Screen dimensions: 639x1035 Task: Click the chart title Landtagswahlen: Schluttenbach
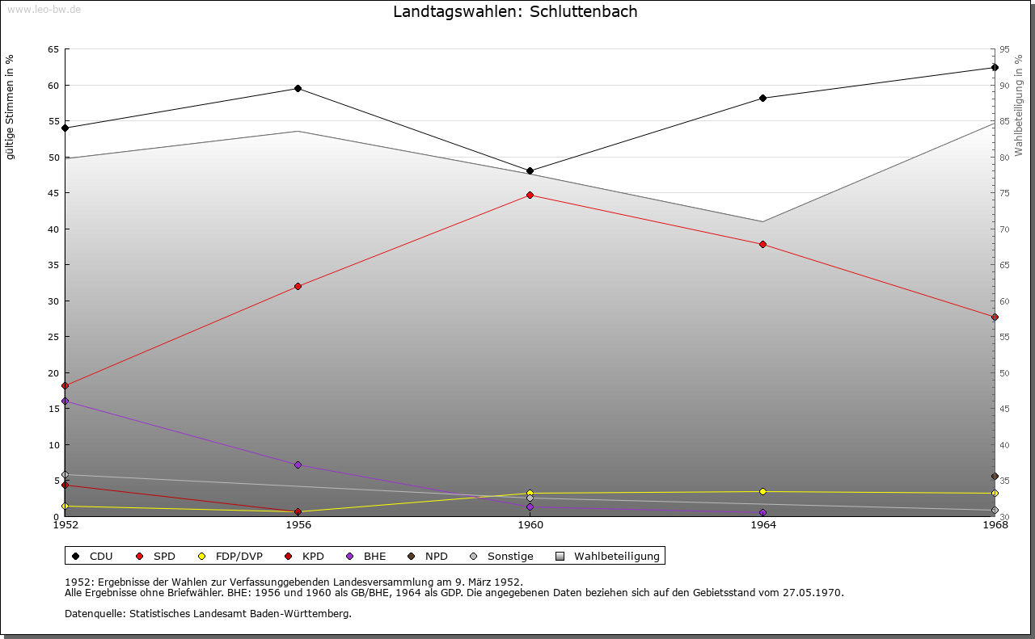[515, 11]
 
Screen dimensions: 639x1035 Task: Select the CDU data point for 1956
[298, 88]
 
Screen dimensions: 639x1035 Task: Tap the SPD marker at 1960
[530, 195]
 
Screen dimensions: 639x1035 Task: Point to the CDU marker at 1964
[763, 99]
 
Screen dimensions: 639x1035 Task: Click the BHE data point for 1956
[298, 465]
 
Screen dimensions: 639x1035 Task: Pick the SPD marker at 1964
[763, 244]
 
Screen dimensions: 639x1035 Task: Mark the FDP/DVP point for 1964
[763, 491]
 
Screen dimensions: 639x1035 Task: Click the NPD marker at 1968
[995, 477]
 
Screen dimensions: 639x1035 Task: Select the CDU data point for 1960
[530, 171]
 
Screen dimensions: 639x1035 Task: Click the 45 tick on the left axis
[53, 193]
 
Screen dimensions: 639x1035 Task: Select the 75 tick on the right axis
[1003, 193]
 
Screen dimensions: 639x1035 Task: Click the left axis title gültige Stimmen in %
[11, 107]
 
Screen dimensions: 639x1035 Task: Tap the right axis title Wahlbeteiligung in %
[1019, 105]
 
